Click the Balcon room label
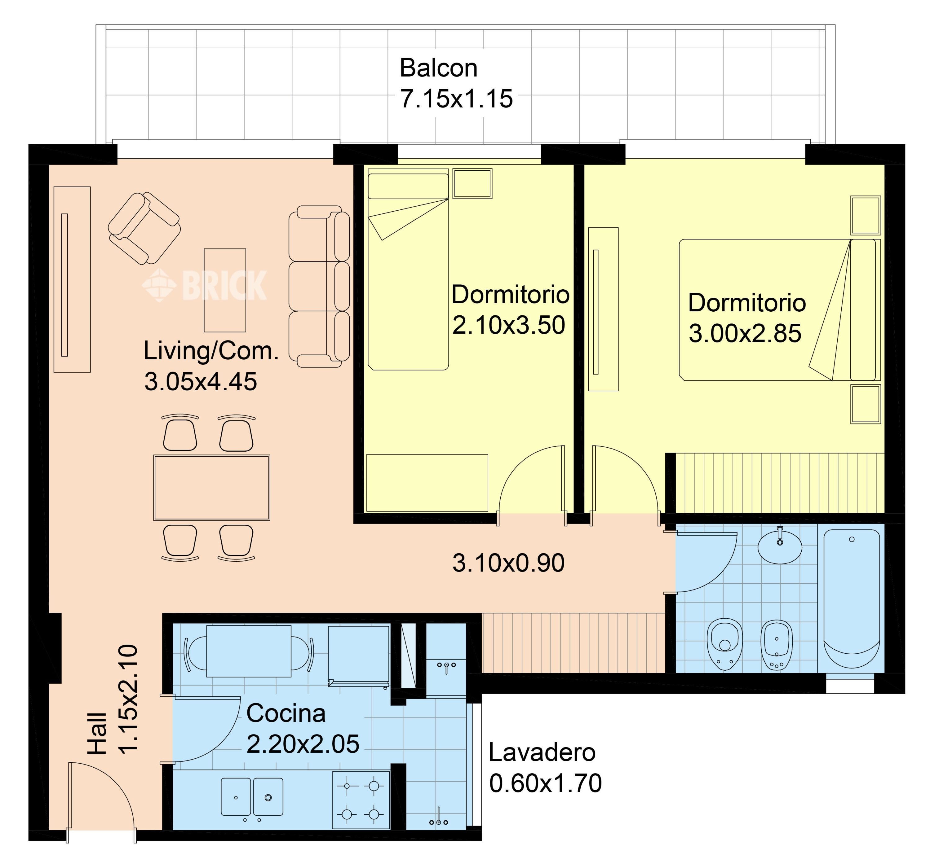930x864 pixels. [x=438, y=68]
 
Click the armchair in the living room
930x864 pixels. [x=144, y=228]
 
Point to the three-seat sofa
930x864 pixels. [x=319, y=286]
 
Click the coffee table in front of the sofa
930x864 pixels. [x=225, y=290]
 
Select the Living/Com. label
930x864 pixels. [x=211, y=351]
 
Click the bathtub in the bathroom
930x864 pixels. [x=851, y=599]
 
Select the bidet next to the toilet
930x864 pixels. [x=777, y=645]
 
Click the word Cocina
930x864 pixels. [x=286, y=713]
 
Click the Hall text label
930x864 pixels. [x=98, y=733]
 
